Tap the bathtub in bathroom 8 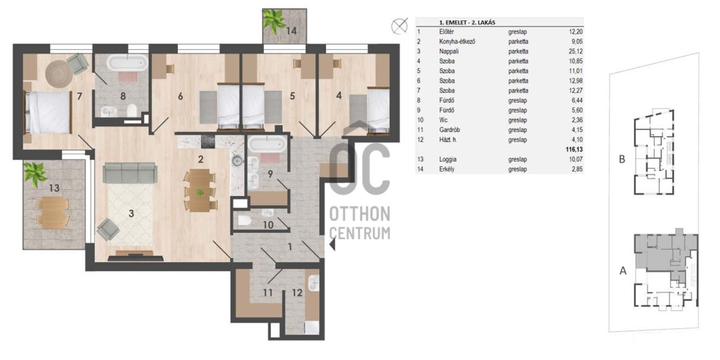(x=128, y=63)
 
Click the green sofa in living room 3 (x=130, y=173)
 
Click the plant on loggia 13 (x=35, y=174)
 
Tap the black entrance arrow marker (x=333, y=247)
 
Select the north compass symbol (x=399, y=26)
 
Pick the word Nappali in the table (x=449, y=51)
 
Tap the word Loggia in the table (x=448, y=160)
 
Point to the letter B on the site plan (x=622, y=160)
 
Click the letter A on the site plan (x=623, y=271)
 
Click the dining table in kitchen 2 (x=199, y=190)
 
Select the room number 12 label (x=297, y=292)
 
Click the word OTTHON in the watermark (x=361, y=214)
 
